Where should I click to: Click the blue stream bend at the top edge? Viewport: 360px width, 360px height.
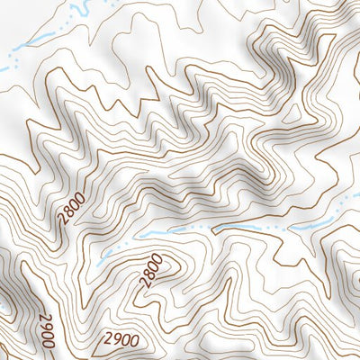tap(76, 11)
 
